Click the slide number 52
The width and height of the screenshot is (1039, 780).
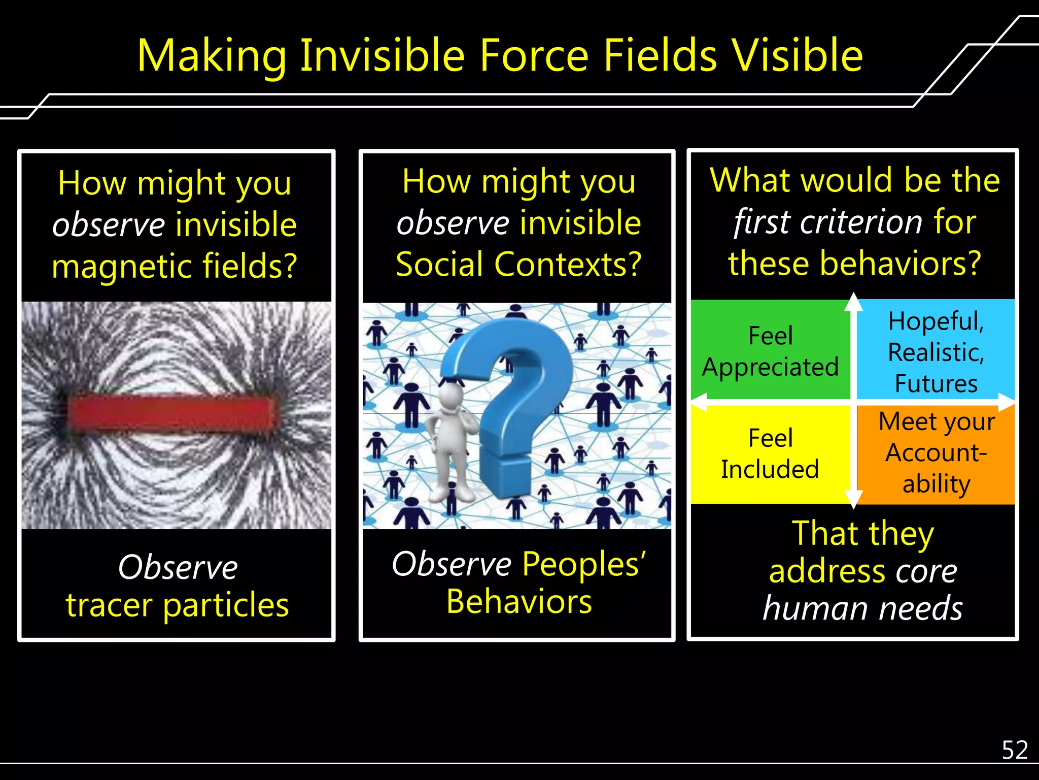click(1014, 750)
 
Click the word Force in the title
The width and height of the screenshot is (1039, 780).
click(534, 56)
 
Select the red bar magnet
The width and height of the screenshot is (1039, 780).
click(172, 414)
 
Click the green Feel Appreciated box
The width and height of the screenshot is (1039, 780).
click(770, 350)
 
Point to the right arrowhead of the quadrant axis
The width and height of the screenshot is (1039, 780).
click(1007, 402)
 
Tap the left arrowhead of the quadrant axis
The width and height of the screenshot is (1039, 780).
click(699, 402)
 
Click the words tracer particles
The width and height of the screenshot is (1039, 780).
click(177, 605)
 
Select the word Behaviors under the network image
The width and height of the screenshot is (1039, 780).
click(518, 602)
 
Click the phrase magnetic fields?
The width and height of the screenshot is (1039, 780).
click(174, 266)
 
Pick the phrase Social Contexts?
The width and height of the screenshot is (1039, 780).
click(518, 265)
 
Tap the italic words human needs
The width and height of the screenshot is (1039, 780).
click(862, 608)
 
